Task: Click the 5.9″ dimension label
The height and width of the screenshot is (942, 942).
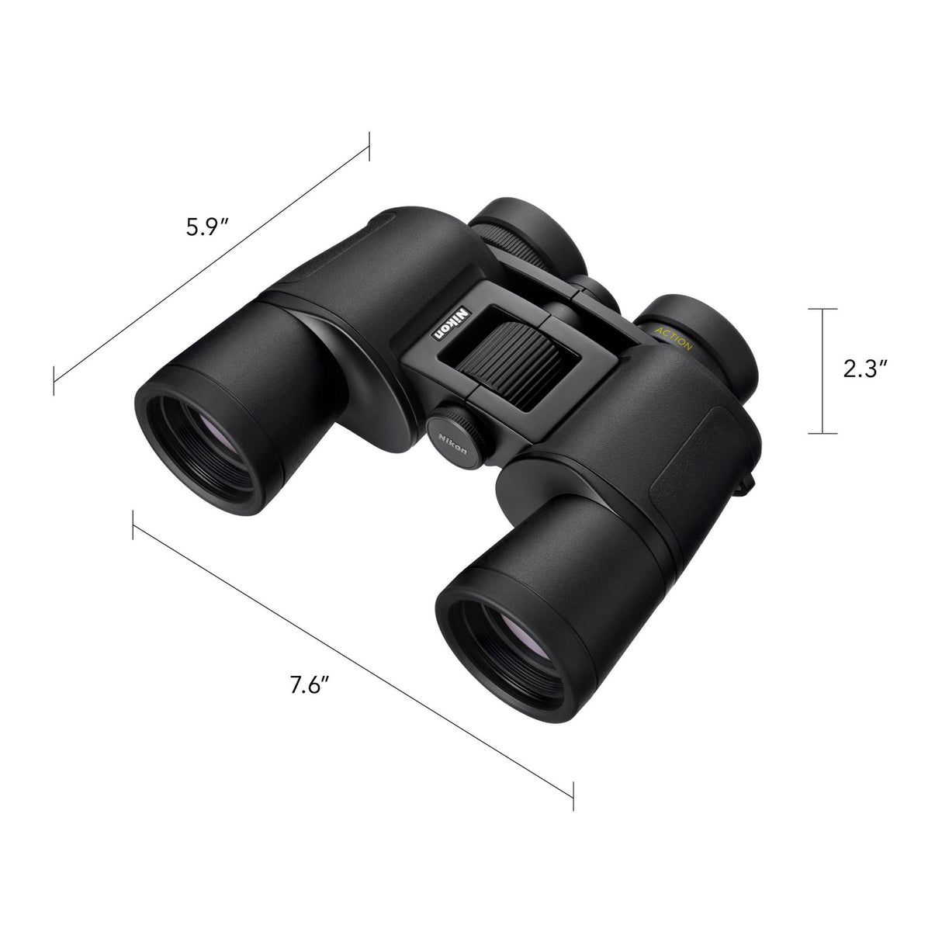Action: pyautogui.click(x=206, y=227)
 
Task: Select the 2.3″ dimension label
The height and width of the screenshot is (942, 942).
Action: pyautogui.click(x=865, y=370)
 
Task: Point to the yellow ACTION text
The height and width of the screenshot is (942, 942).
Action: pyautogui.click(x=674, y=338)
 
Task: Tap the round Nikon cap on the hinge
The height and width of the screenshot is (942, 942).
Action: pyautogui.click(x=457, y=437)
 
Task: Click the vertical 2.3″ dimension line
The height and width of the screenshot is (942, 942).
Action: pyautogui.click(x=823, y=371)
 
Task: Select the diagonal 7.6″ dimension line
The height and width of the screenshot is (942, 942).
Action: pyautogui.click(x=353, y=652)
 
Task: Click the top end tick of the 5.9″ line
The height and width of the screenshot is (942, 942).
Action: pyautogui.click(x=369, y=146)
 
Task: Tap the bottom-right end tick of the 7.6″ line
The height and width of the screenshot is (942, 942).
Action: pyautogui.click(x=573, y=795)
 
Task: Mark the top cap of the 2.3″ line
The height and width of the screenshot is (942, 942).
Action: pyautogui.click(x=823, y=309)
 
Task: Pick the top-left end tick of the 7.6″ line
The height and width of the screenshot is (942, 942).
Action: pyautogui.click(x=133, y=525)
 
